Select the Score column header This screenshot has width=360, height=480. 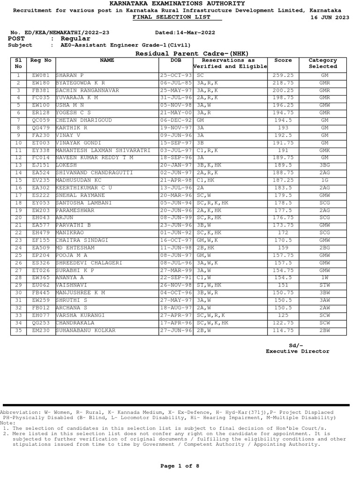click(x=283, y=60)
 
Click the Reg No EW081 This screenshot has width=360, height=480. click(x=41, y=75)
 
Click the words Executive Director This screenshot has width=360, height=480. click(x=297, y=351)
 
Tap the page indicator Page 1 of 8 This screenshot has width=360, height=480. click(x=180, y=465)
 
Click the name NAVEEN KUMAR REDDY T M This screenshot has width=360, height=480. click(x=94, y=157)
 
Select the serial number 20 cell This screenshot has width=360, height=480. click(x=18, y=217)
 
